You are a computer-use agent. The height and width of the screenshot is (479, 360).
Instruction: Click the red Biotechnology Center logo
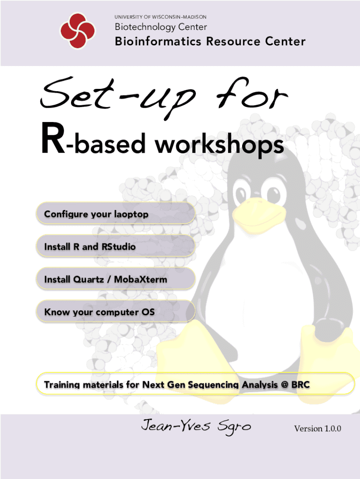[77, 30]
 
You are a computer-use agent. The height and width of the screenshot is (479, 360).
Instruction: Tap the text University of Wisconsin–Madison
[161, 17]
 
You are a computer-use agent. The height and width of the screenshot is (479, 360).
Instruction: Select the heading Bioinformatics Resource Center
[210, 41]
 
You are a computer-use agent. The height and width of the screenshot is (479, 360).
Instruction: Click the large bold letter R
[52, 138]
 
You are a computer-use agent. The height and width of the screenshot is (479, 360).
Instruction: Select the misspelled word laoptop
[131, 214]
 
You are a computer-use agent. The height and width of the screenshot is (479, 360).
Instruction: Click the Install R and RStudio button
[116, 246]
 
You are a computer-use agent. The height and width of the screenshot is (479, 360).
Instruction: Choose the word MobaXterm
[140, 279]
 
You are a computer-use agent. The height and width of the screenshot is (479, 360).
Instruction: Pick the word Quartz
[89, 279]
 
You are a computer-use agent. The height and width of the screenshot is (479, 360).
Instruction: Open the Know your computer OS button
[116, 312]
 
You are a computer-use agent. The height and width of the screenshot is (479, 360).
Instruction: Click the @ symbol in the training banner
[285, 385]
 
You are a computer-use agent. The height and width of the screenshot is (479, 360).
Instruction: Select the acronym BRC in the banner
[301, 385]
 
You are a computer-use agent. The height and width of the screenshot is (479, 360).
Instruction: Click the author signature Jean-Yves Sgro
[196, 425]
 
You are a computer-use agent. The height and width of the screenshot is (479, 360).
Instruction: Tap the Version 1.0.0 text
[317, 428]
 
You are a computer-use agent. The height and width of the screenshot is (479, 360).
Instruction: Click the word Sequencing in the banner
[213, 385]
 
